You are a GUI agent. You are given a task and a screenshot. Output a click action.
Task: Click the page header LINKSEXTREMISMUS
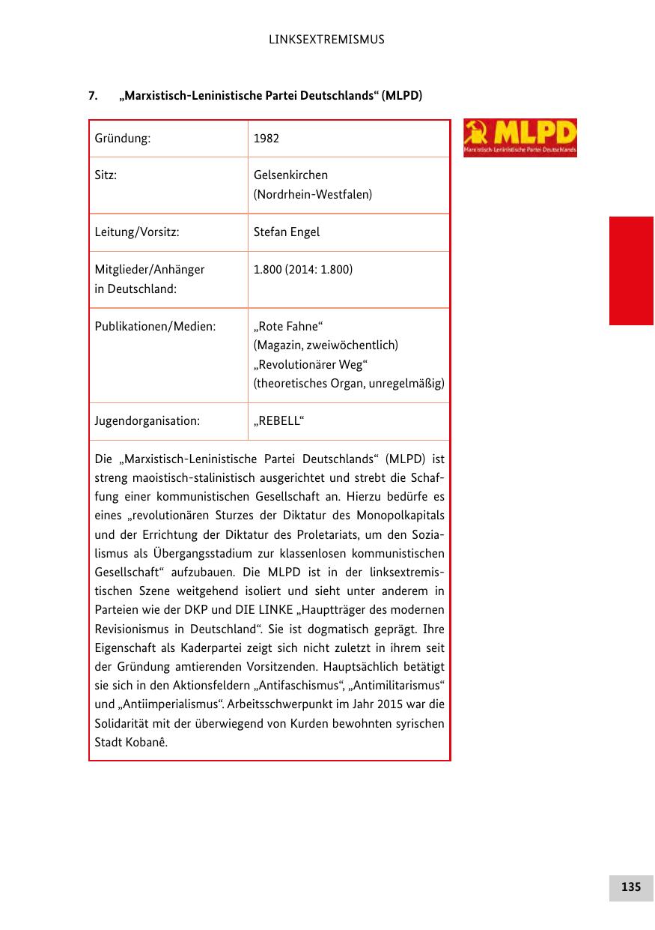[326, 39]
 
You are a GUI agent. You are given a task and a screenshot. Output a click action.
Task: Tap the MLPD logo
[520, 137]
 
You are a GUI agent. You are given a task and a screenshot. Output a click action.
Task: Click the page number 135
[630, 887]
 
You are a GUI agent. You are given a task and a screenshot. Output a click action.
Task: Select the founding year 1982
[266, 139]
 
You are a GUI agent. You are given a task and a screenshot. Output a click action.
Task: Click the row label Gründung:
[123, 139]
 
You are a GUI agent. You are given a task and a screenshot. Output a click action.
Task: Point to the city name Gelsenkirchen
[290, 175]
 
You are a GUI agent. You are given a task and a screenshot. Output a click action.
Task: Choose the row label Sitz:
[106, 175]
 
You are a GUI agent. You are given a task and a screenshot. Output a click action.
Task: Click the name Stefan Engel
[287, 232]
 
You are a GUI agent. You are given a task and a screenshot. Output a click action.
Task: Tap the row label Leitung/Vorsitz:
[137, 232]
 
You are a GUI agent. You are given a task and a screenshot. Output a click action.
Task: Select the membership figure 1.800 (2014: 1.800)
[303, 270]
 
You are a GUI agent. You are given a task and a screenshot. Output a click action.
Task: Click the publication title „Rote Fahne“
[289, 327]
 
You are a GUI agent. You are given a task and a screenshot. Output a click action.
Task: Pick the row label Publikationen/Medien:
[155, 327]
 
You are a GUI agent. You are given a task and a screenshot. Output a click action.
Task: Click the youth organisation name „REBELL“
[278, 421]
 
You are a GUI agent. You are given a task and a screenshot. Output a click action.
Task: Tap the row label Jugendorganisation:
[147, 421]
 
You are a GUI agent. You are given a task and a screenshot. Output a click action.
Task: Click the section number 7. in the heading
[94, 96]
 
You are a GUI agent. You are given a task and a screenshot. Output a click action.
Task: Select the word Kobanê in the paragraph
[147, 743]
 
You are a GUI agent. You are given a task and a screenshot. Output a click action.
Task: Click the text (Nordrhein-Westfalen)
[313, 195]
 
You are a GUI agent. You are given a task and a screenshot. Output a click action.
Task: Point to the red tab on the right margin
[631, 271]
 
